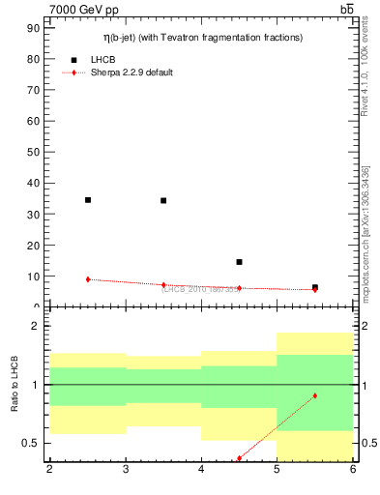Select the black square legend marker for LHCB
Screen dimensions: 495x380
coord(73,60)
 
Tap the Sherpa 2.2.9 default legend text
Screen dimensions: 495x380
coord(132,73)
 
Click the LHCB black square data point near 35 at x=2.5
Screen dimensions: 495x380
coord(88,200)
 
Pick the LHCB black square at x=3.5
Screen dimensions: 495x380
coord(163,201)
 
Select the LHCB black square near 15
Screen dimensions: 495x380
coord(239,262)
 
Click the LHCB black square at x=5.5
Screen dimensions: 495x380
coord(315,287)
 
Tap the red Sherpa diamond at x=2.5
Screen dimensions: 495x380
coord(88,279)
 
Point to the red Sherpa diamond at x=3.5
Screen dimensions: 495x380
coord(163,285)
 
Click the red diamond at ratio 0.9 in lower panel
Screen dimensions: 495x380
coord(315,395)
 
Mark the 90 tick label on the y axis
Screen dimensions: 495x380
coord(34,28)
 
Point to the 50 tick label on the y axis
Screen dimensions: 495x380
coord(34,152)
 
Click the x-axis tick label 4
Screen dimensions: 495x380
coord(201,470)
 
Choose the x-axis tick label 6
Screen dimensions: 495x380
coord(353,470)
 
